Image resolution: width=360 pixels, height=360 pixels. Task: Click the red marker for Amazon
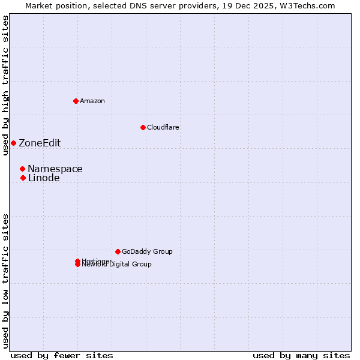pos(76,101)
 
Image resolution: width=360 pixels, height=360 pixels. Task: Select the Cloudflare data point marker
pos(143,127)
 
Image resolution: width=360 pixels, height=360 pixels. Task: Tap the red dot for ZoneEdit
pos(13,143)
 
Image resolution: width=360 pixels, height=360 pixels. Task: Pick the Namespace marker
pos(22,169)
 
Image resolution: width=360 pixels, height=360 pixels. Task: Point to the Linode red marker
pos(23,178)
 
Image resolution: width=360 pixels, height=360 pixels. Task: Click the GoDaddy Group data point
pos(118,251)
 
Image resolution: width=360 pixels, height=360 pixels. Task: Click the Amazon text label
pos(92,101)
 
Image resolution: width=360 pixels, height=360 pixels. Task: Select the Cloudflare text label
pos(163,127)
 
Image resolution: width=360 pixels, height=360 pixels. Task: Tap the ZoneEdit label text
pos(40,143)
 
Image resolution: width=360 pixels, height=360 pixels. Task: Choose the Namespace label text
pos(55,169)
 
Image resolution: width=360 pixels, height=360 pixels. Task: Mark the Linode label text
pos(44,178)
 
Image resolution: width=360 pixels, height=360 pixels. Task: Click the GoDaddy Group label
pos(147,251)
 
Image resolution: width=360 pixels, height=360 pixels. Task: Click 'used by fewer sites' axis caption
pos(62,355)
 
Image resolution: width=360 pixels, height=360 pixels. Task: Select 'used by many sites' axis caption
pos(301,355)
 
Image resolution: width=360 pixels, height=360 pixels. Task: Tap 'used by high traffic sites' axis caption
pos(5,85)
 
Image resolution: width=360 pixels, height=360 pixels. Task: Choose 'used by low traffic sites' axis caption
pos(5,281)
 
